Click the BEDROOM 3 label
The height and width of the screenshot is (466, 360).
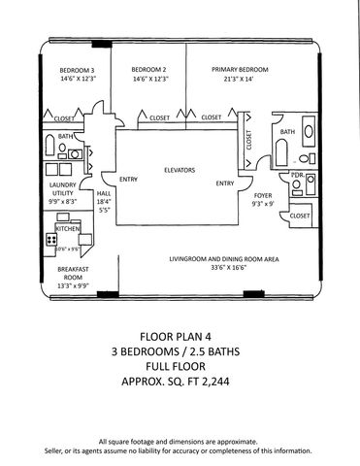(77, 70)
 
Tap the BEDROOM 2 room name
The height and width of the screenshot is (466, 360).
(149, 70)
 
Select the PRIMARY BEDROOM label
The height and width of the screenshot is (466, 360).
(241, 70)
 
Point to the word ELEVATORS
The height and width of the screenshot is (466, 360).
(180, 170)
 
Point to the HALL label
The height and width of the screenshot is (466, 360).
(103, 193)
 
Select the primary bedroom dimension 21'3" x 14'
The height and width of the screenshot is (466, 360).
(241, 79)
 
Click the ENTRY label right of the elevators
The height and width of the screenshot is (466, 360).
(224, 183)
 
